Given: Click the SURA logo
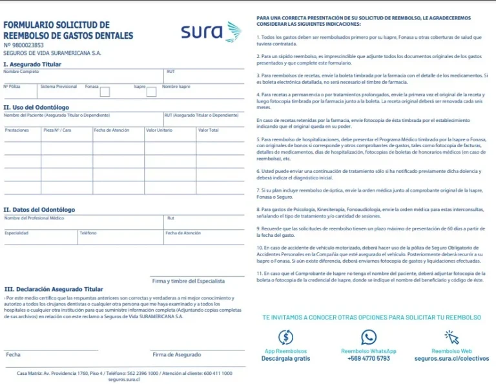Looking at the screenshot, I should [x=211, y=32].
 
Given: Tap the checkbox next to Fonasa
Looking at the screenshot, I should [x=105, y=92].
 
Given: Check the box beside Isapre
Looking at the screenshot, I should [x=151, y=92].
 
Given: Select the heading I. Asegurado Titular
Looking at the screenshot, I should [x=33, y=65].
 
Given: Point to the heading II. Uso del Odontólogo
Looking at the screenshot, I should [x=36, y=107].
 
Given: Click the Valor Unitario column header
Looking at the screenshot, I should [x=159, y=130].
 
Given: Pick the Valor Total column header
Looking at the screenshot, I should [x=208, y=130].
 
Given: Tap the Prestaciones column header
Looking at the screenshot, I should [x=17, y=130].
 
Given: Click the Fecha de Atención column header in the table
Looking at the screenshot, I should [x=112, y=130].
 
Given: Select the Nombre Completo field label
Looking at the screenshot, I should [x=21, y=72].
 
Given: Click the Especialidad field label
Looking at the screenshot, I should [x=17, y=233].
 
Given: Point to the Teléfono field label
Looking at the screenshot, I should [x=88, y=233].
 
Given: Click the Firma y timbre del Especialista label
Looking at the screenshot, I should [x=188, y=281].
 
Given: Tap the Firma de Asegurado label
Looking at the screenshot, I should [x=176, y=354].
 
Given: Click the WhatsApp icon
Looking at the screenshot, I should [x=369, y=337].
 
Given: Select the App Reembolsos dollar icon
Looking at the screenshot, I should [x=285, y=337].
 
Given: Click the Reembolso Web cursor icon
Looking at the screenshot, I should [x=451, y=337].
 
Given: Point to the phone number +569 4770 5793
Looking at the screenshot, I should [x=368, y=358].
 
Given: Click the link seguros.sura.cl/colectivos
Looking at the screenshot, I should [x=451, y=358].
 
